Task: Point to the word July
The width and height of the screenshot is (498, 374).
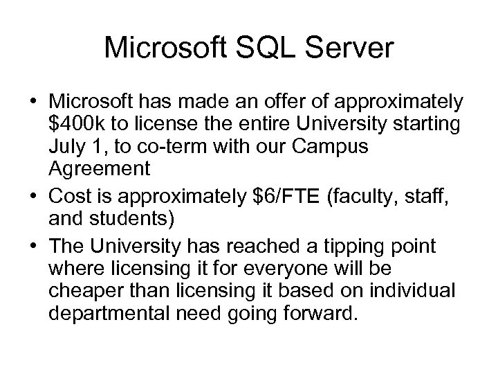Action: point(67,148)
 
